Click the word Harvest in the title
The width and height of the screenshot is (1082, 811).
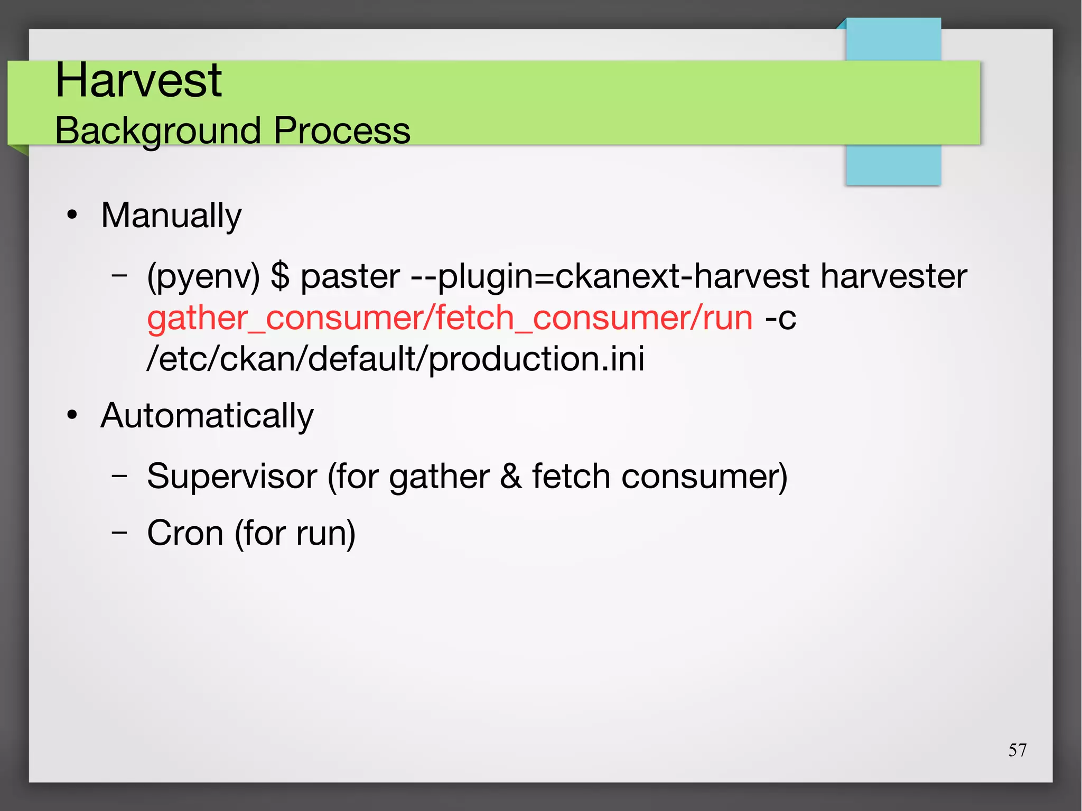coord(138,80)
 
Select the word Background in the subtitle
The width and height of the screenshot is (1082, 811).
coord(157,130)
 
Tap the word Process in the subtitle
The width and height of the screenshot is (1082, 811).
coord(341,130)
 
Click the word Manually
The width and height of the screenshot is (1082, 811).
coord(171,216)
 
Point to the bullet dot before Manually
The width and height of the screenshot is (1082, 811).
coord(72,216)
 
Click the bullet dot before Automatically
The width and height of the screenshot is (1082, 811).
coord(72,416)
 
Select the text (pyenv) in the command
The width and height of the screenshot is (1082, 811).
coord(203,277)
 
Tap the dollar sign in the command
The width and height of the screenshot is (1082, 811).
coord(280,276)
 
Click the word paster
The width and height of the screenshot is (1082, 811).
coord(350,277)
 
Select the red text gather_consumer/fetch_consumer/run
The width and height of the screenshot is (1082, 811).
coord(450,318)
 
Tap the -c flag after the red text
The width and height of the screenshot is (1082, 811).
coord(780,318)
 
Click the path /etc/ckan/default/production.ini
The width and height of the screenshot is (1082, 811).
coord(395,359)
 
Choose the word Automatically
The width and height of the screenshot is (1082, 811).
coord(207,416)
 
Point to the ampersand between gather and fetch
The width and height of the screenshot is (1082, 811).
coord(510,476)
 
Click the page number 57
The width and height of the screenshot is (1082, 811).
coord(1017,750)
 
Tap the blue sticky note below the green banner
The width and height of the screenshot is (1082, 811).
coord(893,165)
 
